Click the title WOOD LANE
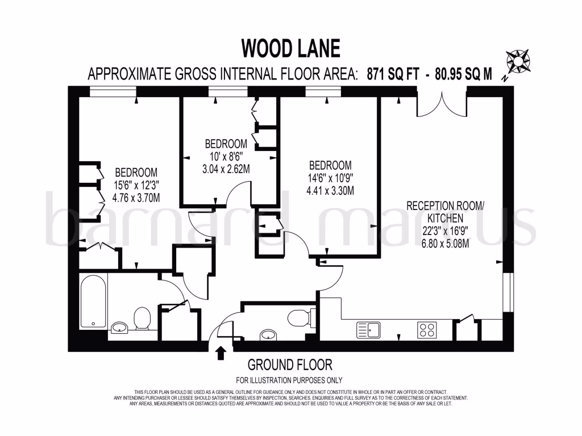(290, 48)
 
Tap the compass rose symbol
(517, 61)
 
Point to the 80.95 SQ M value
(463, 74)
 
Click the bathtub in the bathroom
(93, 302)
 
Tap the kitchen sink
(369, 329)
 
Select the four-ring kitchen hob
(427, 329)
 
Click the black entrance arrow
(221, 353)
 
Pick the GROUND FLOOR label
(290, 364)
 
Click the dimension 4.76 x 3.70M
(136, 198)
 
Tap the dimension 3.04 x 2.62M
(226, 169)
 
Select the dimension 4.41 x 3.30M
(330, 191)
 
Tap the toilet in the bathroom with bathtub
(142, 318)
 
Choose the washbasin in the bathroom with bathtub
(119, 327)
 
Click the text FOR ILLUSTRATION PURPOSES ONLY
(289, 380)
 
